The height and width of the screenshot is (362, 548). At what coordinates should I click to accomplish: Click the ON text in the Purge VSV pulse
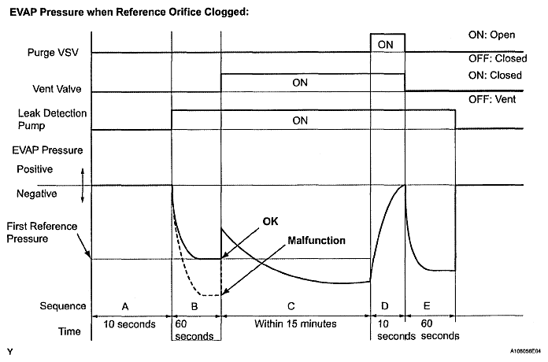386,45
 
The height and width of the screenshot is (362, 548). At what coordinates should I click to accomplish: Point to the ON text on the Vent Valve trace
300,82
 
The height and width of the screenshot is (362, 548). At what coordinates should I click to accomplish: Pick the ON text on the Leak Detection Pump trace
300,120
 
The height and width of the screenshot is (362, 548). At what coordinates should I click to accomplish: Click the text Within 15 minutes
295,323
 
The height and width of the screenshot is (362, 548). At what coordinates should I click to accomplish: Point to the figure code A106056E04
519,352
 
